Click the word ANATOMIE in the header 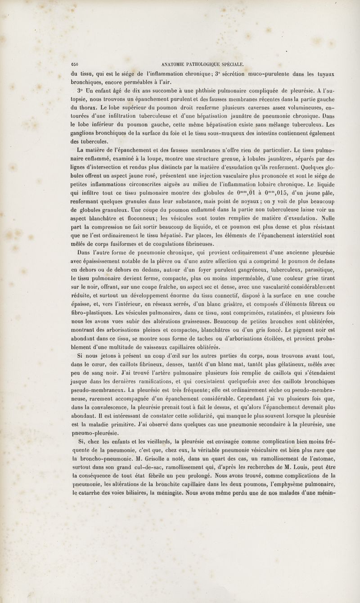click(x=168, y=63)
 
